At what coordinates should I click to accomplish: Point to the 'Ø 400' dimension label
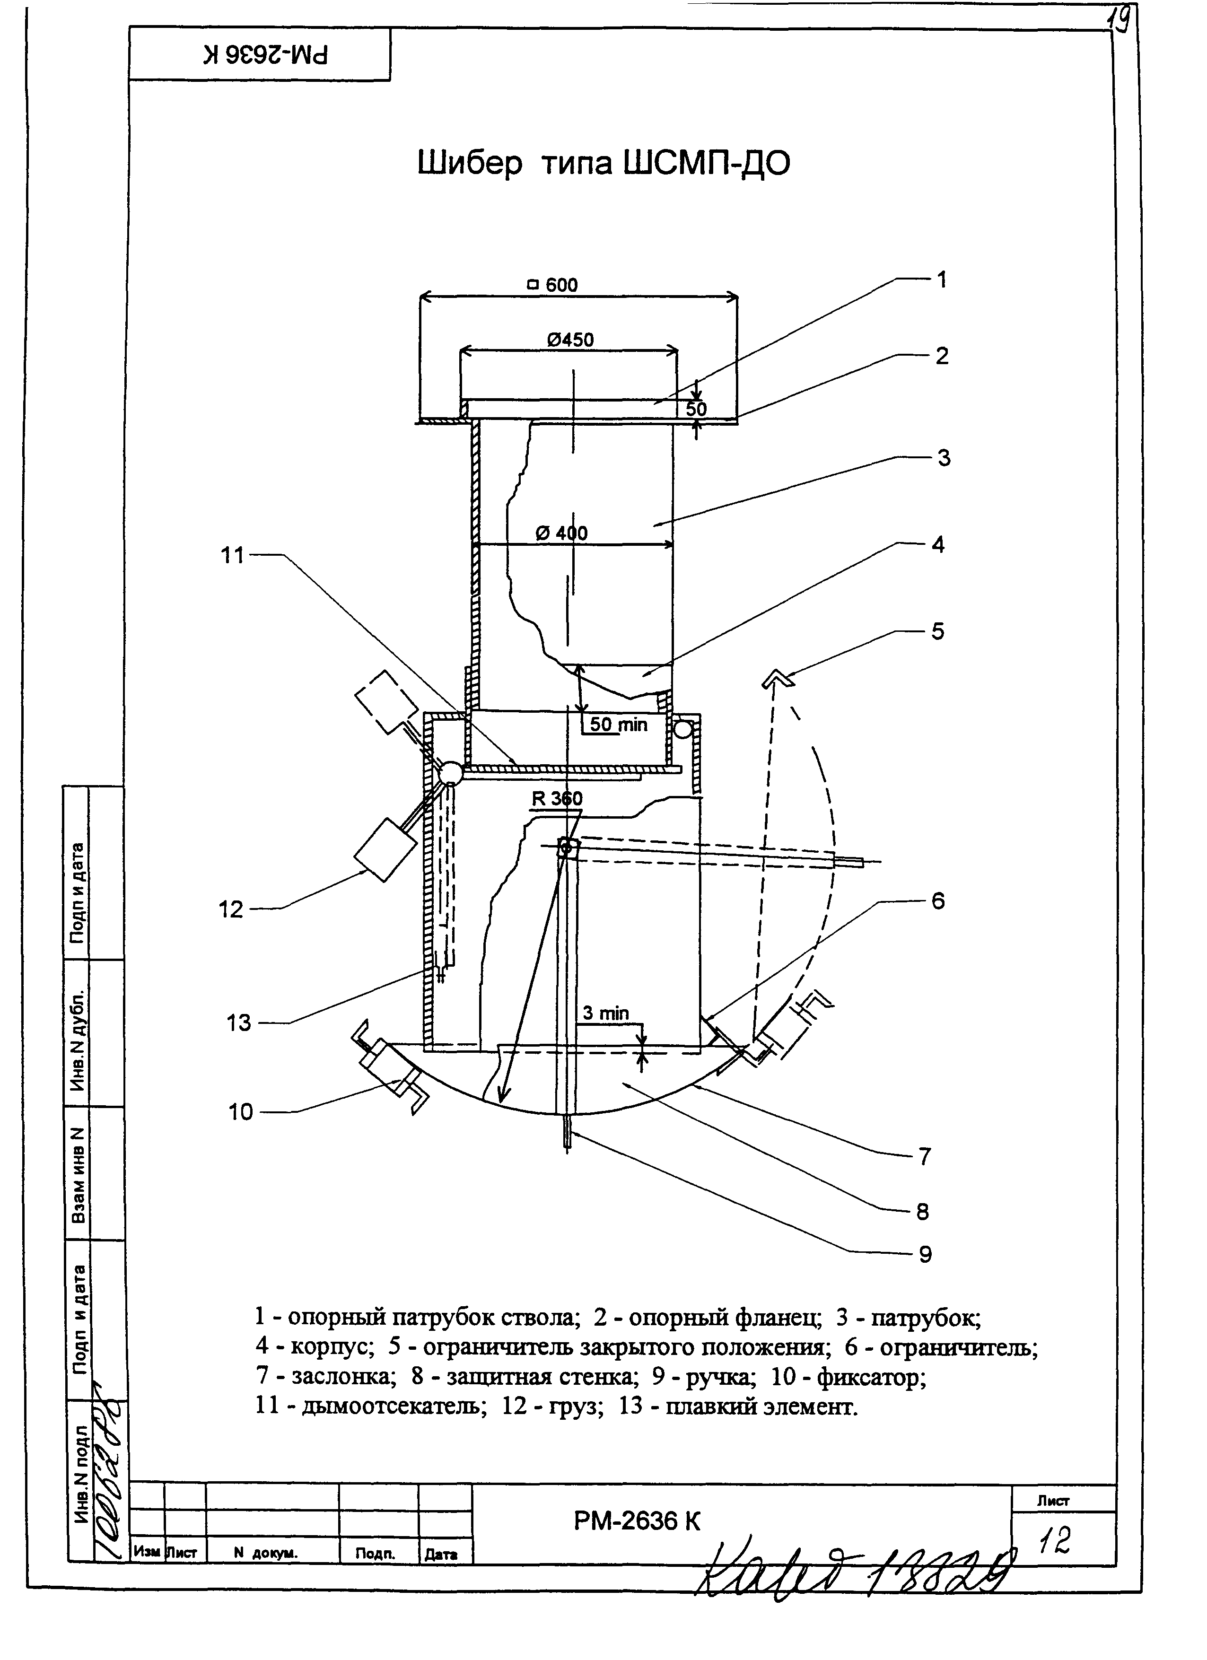(561, 533)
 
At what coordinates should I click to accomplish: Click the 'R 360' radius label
(557, 798)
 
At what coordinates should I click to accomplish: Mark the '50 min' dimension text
(619, 725)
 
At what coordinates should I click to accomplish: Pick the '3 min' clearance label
(605, 1013)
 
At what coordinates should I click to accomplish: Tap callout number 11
(232, 556)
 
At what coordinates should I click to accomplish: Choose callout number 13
(239, 1022)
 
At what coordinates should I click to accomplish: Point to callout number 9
(925, 1255)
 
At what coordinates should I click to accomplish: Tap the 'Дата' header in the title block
(441, 1553)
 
